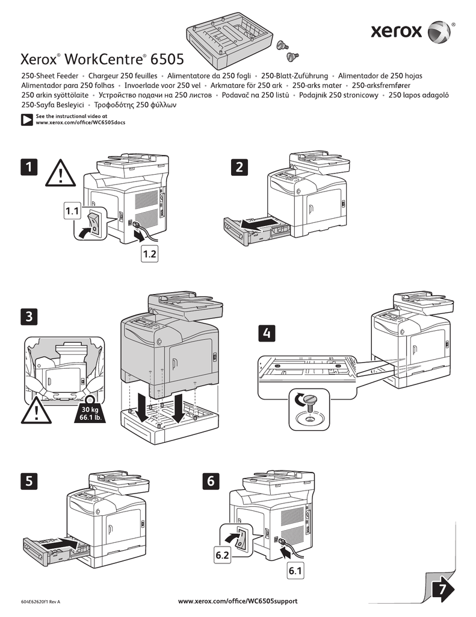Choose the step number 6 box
click(x=211, y=480)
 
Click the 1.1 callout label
click(x=73, y=211)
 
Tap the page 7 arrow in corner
click(x=443, y=588)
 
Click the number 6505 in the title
click(x=167, y=60)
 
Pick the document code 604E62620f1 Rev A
click(x=40, y=602)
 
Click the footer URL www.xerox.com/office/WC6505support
click(x=238, y=601)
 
